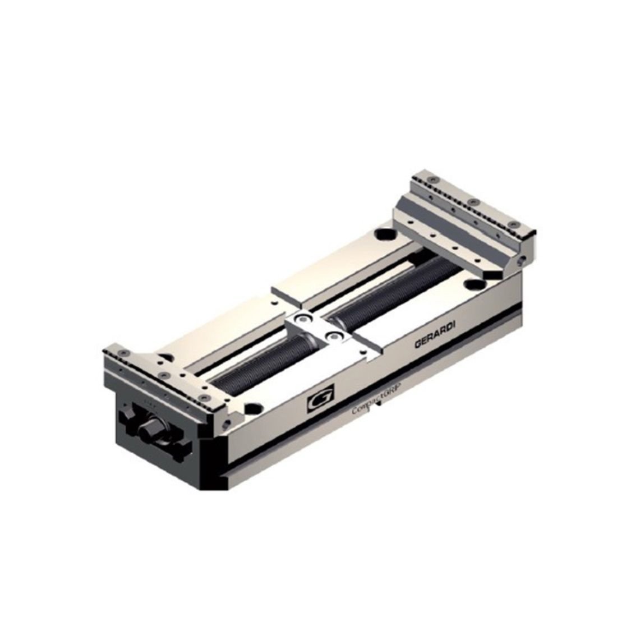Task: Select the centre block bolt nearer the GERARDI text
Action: tap(335, 336)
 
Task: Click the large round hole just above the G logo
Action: tap(254, 408)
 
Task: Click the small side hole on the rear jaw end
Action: tap(522, 259)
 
